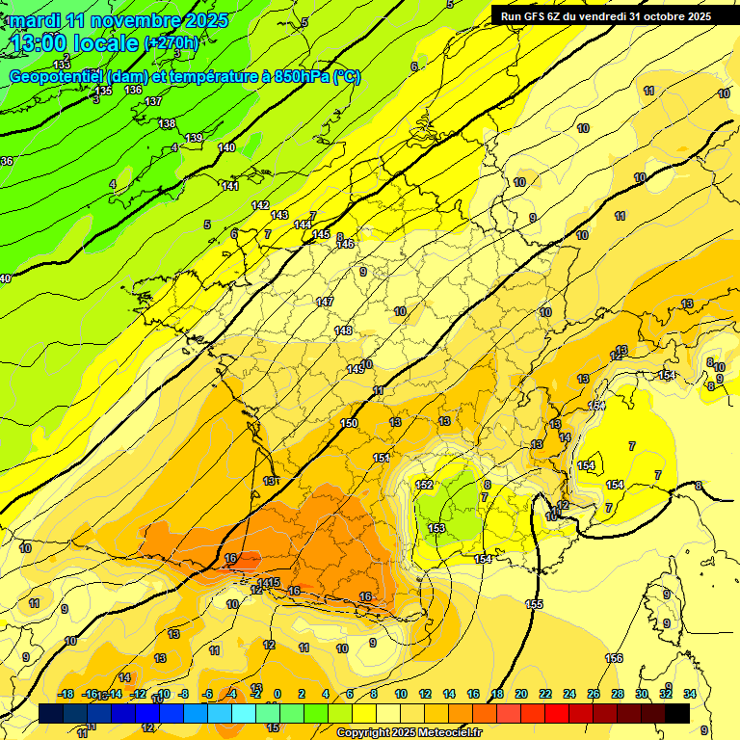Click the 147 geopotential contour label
click(x=325, y=303)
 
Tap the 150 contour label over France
click(x=349, y=424)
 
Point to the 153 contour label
click(x=436, y=529)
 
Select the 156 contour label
click(x=613, y=658)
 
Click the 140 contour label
click(x=226, y=147)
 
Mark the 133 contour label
click(x=62, y=65)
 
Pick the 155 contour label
click(x=534, y=604)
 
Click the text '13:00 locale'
click(x=74, y=42)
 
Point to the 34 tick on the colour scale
click(x=690, y=694)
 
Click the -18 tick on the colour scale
click(x=66, y=694)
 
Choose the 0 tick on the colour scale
click(x=277, y=694)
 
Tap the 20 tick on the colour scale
click(x=521, y=694)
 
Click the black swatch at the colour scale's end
click(x=677, y=713)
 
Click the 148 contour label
click(x=343, y=331)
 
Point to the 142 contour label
click(x=260, y=205)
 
